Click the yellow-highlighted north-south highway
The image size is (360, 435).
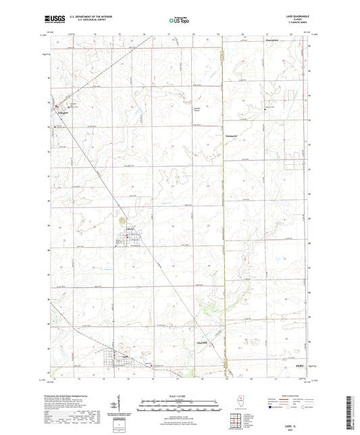pos(223,203)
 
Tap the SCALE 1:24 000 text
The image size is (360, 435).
pos(178,395)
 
